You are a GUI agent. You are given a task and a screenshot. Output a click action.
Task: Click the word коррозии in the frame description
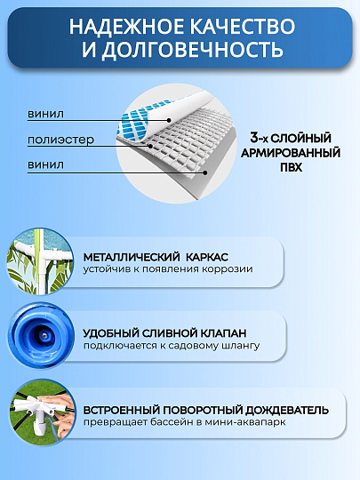228,268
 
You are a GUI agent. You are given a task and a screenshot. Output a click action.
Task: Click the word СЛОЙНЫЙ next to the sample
304,139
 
